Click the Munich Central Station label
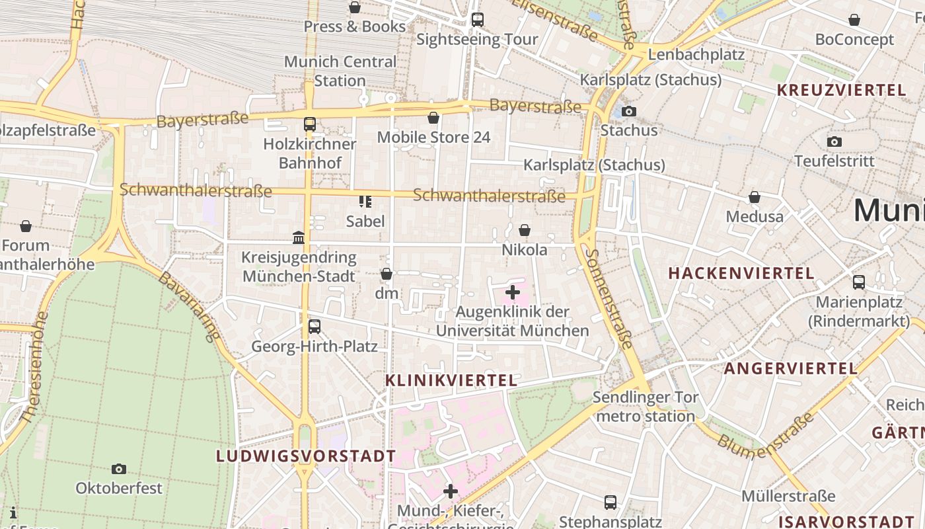340,71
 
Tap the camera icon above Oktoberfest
119,469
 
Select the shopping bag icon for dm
387,274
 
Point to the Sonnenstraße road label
609,299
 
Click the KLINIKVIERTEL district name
451,380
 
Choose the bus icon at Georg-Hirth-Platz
314,326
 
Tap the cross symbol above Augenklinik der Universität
513,292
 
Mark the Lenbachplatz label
696,54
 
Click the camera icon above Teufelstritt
834,142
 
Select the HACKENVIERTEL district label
741,273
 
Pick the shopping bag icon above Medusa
754,197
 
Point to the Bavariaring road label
188,307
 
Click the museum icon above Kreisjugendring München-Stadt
299,237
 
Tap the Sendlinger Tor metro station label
646,407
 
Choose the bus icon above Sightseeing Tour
477,20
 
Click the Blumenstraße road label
766,437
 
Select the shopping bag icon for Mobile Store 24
433,118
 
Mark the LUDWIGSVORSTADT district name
306,456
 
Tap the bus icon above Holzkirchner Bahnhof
309,124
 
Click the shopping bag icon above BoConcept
854,20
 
